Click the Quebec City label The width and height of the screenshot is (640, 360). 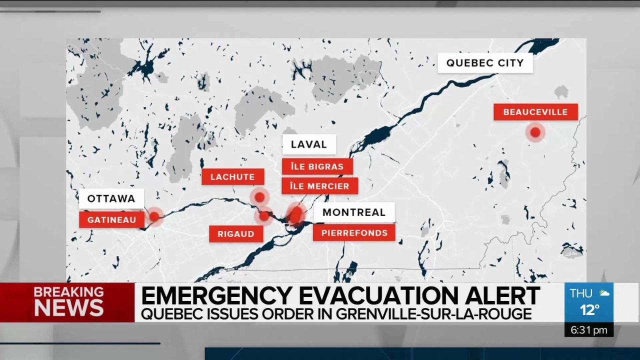[485, 63]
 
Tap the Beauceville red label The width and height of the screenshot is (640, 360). [535, 112]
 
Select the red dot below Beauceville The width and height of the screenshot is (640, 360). [535, 132]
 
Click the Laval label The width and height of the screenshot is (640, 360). [308, 144]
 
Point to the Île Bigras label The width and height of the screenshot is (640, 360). [317, 166]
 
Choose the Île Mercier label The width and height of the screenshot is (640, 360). [319, 186]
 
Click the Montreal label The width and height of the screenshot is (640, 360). [353, 212]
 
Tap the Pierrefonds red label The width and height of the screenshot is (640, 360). [354, 233]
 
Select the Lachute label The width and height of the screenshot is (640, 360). [232, 177]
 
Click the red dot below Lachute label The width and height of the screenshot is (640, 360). [259, 197]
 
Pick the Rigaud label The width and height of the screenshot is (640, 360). [236, 234]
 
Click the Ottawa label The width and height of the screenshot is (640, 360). [111, 198]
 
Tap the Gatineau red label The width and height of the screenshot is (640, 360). [111, 219]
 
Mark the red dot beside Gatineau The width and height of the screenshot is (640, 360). [154, 216]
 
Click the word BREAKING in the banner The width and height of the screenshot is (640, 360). [68, 292]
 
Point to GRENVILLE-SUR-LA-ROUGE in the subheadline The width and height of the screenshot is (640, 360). [433, 314]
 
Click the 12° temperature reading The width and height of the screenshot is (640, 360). [589, 310]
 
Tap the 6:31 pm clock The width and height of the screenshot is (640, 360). [588, 330]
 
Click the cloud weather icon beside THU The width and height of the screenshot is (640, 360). [604, 293]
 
